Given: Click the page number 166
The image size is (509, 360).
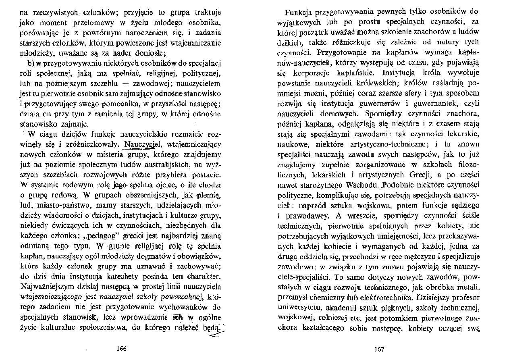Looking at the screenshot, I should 121,349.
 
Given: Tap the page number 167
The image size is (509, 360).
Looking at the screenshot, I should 379,349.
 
